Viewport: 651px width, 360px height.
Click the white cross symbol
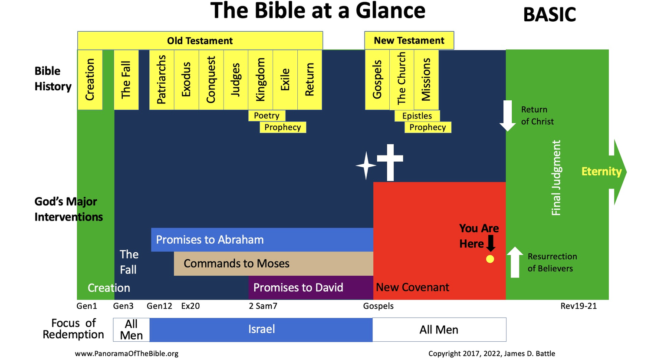[390, 162]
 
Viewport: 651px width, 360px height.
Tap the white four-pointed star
[366, 166]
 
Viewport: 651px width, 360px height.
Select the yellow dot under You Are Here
[490, 259]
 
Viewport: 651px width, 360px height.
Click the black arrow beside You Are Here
[491, 243]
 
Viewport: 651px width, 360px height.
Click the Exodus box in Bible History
[187, 80]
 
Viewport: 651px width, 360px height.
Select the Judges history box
[236, 80]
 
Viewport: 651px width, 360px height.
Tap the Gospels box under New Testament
[377, 80]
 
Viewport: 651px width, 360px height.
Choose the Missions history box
[426, 80]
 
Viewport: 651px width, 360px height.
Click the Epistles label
[417, 116]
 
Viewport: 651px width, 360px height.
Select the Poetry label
[266, 116]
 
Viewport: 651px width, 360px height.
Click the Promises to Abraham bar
[262, 240]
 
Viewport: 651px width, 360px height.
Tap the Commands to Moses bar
[273, 264]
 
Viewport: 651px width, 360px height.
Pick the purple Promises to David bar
[311, 287]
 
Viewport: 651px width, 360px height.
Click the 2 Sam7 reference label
[263, 306]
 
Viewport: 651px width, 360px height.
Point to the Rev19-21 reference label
[579, 306]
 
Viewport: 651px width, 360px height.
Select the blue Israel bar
[261, 330]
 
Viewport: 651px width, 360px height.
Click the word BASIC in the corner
[549, 15]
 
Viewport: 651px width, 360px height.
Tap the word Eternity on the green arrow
[602, 172]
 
